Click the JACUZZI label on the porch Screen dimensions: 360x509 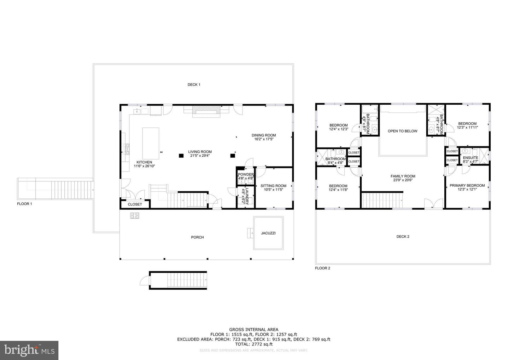click(268, 233)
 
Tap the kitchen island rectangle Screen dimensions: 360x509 click(151, 143)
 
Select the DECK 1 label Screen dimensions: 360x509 click(194, 85)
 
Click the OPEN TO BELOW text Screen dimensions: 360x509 click(402, 131)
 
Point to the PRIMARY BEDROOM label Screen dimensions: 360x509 click(467, 186)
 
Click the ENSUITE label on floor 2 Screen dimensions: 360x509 click(470, 158)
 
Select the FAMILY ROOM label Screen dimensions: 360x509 click(403, 176)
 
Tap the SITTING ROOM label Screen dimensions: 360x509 click(273, 186)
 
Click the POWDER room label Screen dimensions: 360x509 click(245, 174)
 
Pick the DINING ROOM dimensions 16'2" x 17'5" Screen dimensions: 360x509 click(264, 139)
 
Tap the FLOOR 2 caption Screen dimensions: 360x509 click(322, 268)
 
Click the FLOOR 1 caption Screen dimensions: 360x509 click(24, 204)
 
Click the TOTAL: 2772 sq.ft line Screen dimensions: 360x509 click(254, 344)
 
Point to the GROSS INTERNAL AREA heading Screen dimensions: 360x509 click(254, 330)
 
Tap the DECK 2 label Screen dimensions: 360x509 click(403, 237)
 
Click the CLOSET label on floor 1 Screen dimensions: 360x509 click(135, 204)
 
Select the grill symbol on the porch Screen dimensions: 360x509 click(135, 215)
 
